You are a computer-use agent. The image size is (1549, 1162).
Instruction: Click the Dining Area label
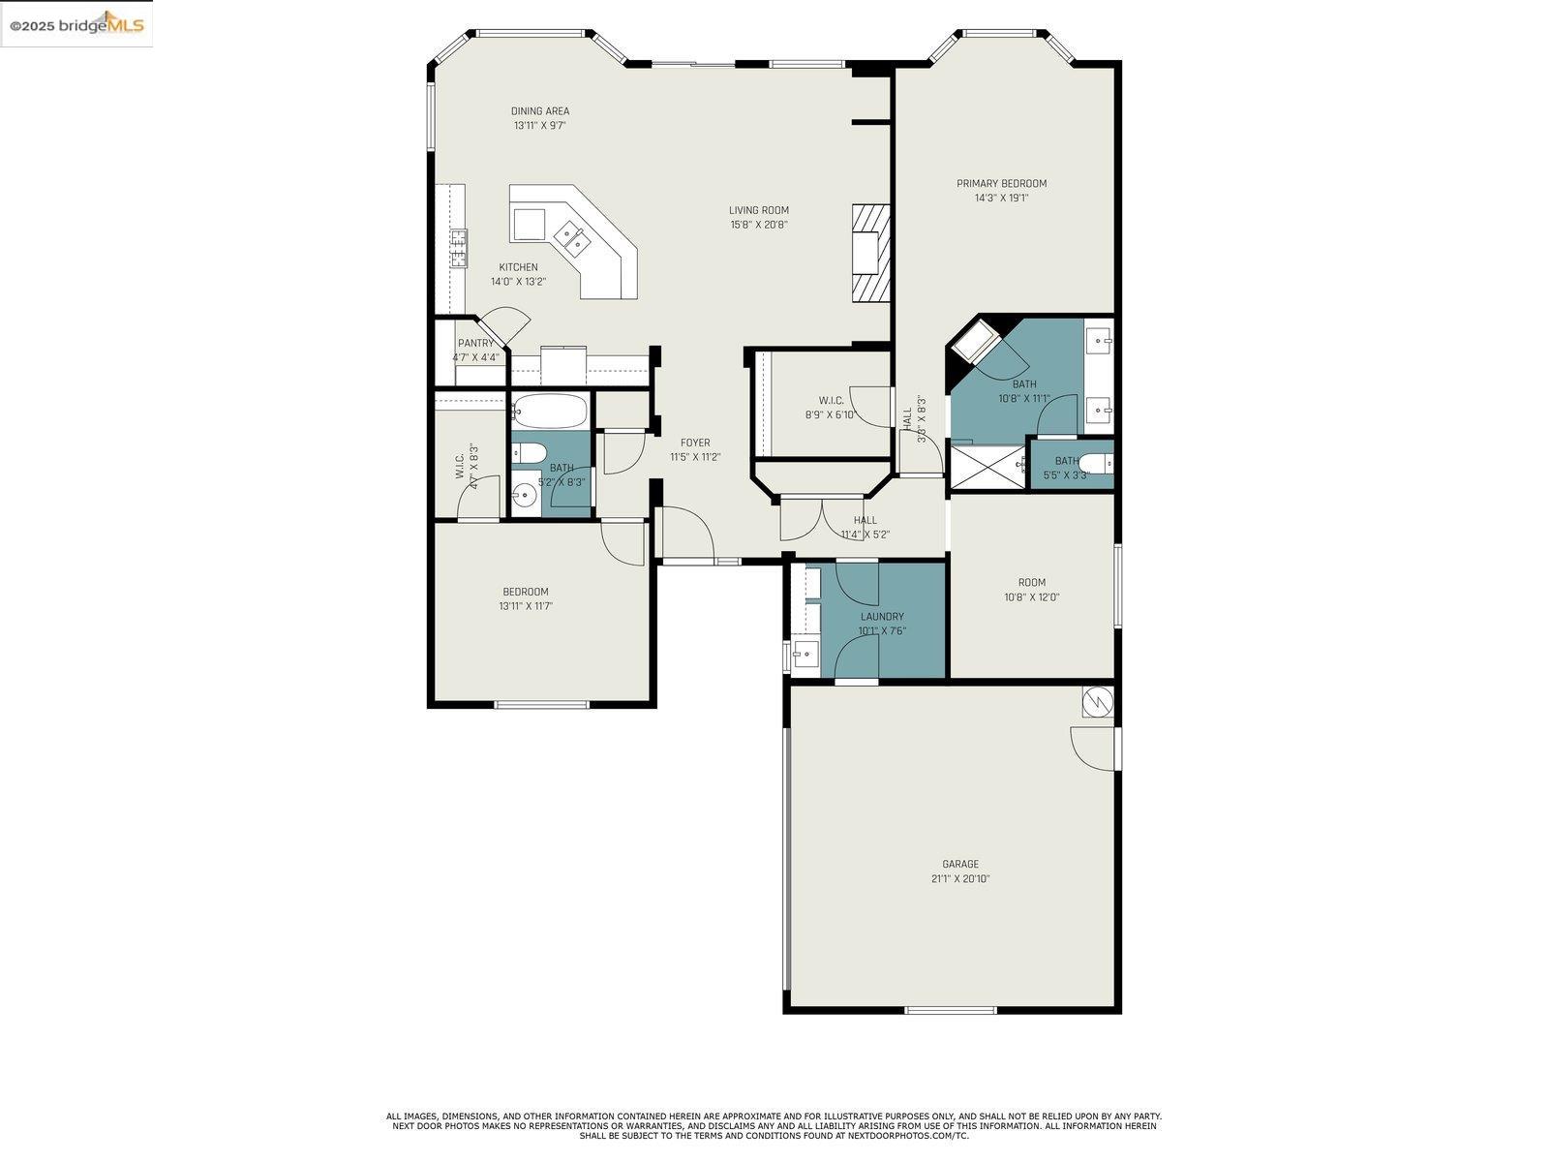(540, 111)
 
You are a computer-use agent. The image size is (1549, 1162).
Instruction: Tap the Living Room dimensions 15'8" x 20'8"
(759, 225)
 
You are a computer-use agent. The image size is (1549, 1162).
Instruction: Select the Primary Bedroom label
(1001, 184)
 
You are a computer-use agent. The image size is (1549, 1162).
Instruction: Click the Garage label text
(960, 865)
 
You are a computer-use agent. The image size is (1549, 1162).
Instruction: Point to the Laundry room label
(882, 617)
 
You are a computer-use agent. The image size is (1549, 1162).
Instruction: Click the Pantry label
(475, 343)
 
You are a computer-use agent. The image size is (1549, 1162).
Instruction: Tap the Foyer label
(695, 443)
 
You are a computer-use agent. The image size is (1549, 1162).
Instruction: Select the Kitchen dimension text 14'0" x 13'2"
(518, 282)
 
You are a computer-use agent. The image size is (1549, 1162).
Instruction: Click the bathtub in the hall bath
(549, 412)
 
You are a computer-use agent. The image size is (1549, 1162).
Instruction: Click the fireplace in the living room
(868, 254)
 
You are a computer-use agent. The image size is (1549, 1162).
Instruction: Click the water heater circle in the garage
(1097, 701)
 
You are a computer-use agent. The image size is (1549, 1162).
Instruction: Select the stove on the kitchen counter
(458, 248)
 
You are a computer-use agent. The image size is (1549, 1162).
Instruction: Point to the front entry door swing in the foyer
(688, 534)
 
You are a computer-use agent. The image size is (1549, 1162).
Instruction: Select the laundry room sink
(804, 656)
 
